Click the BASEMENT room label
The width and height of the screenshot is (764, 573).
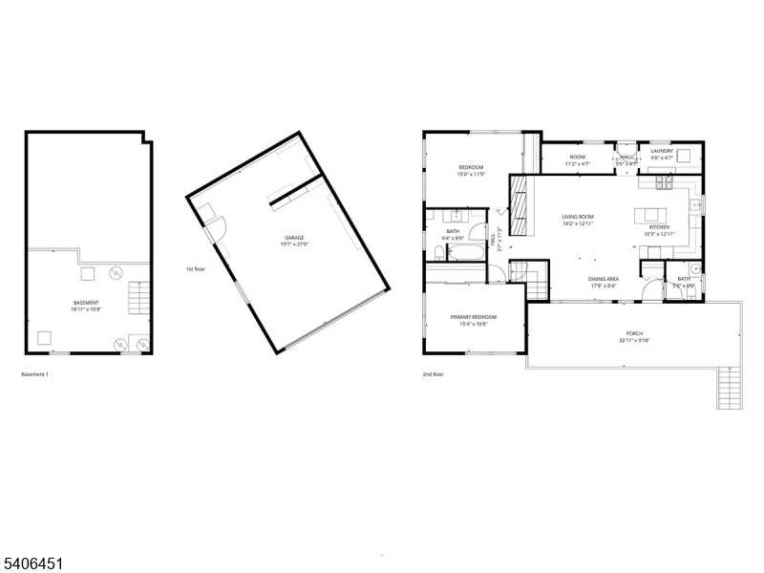coord(86,303)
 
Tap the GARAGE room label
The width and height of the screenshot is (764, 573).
coord(294,237)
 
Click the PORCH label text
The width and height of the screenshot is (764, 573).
coord(633,334)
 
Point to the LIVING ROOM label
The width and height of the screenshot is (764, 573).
coord(578,217)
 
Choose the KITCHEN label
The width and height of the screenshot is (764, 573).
coord(659,227)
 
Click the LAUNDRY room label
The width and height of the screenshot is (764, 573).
coord(662,151)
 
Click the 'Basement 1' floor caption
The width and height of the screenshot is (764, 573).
coord(34,374)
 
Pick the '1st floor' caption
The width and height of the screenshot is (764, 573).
coord(197,269)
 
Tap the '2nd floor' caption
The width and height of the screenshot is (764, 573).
coord(433,374)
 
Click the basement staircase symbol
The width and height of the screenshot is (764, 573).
coord(140,299)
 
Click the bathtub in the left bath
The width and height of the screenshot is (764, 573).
coord(466,253)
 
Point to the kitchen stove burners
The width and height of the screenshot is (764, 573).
coord(663,181)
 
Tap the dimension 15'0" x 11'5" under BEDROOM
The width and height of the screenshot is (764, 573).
coord(472,175)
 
